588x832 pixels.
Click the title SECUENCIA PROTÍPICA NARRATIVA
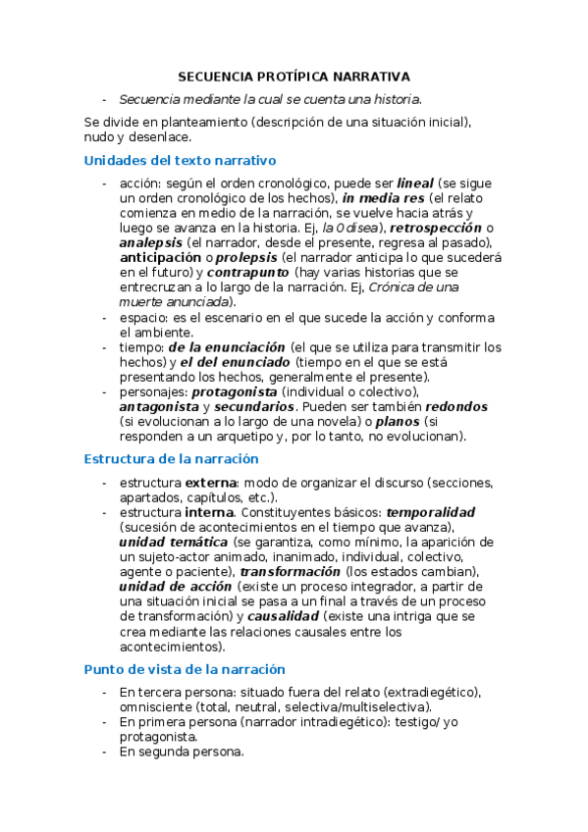[294, 76]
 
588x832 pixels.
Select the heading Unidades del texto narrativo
[181, 160]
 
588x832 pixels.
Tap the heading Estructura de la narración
[171, 458]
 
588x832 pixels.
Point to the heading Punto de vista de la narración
[185, 668]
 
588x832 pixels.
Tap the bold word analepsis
[149, 242]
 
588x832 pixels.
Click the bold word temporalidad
[431, 512]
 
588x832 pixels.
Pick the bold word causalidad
[283, 616]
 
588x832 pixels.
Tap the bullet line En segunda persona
[182, 752]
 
